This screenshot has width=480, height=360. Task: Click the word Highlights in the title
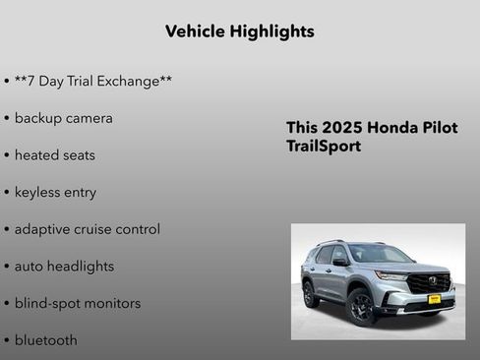270,31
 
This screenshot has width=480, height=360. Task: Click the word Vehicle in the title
195,31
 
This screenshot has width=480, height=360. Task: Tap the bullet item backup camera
63,118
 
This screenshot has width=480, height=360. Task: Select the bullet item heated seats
54,155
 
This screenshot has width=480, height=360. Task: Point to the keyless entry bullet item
55,192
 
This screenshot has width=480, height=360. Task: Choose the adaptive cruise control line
87,229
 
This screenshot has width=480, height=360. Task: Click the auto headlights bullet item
64,267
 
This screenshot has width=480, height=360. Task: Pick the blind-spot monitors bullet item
77,303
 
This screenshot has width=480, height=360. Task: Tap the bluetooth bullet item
45,340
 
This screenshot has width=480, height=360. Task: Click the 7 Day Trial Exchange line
93,81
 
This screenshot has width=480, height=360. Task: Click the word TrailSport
324,147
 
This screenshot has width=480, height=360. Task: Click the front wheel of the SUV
361,306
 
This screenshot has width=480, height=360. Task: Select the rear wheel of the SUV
311,293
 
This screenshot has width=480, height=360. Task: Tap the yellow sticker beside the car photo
434,326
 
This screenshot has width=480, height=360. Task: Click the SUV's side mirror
341,263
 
